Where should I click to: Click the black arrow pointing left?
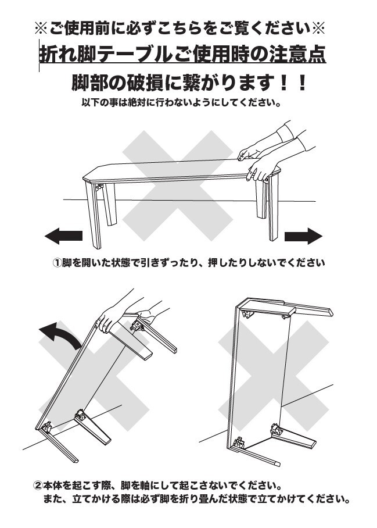tap(63, 236)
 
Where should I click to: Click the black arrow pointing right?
tap(303, 236)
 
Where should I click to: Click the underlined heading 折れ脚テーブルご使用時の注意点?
tap(182, 54)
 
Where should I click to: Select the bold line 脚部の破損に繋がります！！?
tap(189, 82)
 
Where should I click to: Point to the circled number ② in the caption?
tap(38, 486)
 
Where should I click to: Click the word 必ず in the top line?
tap(150, 28)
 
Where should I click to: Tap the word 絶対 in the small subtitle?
tap(137, 102)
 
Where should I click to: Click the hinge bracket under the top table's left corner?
tap(99, 187)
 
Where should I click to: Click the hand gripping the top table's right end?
tap(261, 169)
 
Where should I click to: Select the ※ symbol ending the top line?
tap(318, 28)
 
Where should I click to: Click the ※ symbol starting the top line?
tap(42, 28)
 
